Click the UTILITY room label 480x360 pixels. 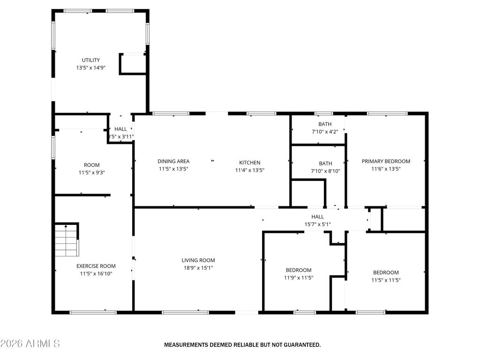click(91, 60)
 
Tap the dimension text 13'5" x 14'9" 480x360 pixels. click(91, 67)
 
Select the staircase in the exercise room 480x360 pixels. click(66, 240)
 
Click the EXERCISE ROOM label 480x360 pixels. click(96, 266)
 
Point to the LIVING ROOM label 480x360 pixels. click(198, 260)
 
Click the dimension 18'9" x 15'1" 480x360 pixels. click(198, 268)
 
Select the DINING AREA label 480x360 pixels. click(173, 161)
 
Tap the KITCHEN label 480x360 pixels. click(250, 163)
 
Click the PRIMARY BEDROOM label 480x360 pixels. click(386, 161)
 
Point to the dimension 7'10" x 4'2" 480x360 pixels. click(325, 132)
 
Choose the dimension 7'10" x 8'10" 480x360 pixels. click(325, 171)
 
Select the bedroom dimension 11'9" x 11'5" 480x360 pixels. click(299, 277)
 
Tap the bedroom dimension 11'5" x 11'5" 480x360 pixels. click(386, 280)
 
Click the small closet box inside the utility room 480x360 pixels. click(133, 64)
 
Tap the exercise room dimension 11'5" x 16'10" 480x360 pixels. click(96, 273)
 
